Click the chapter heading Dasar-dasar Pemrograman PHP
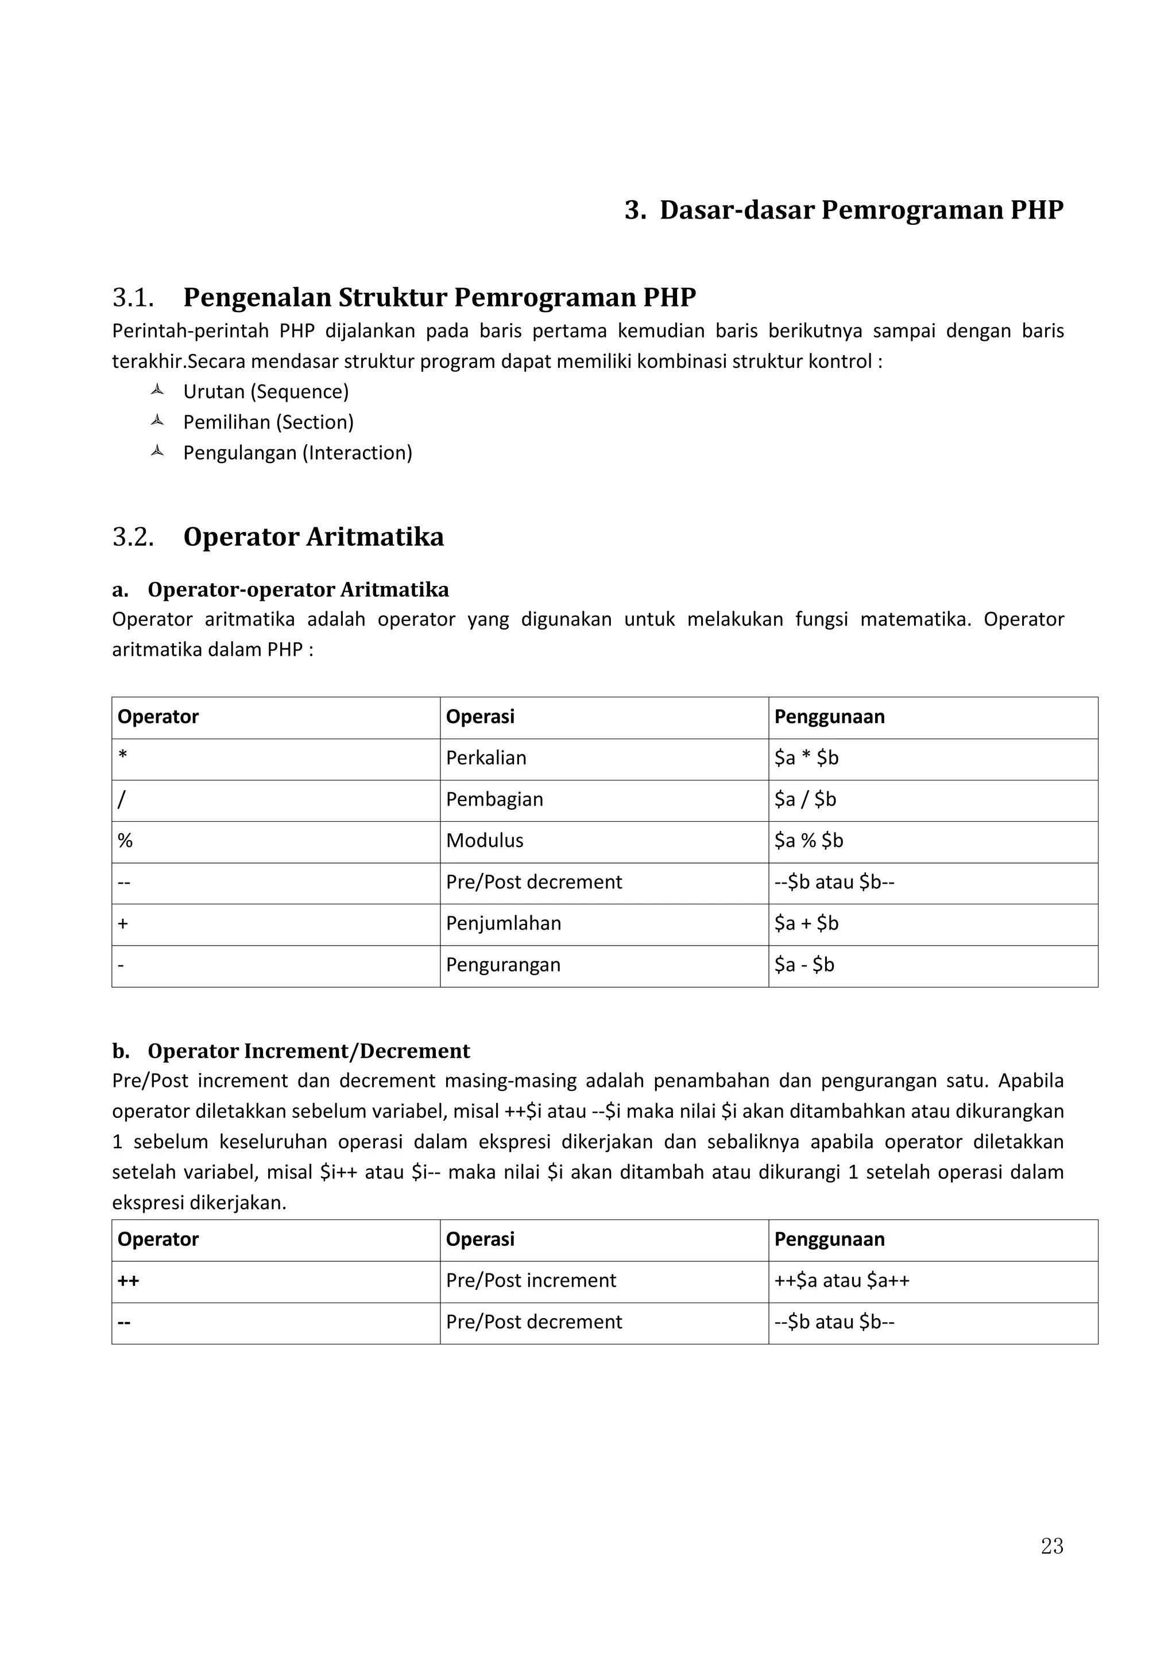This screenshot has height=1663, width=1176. [x=861, y=210]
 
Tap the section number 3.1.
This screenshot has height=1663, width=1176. [x=133, y=298]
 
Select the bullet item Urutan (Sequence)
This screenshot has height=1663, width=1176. [x=266, y=392]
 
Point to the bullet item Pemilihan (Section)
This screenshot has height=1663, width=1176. [x=268, y=422]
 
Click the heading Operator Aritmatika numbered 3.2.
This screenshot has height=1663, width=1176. [x=313, y=537]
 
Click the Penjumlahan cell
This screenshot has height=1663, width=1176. [x=504, y=923]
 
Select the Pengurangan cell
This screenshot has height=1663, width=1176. [x=504, y=964]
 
